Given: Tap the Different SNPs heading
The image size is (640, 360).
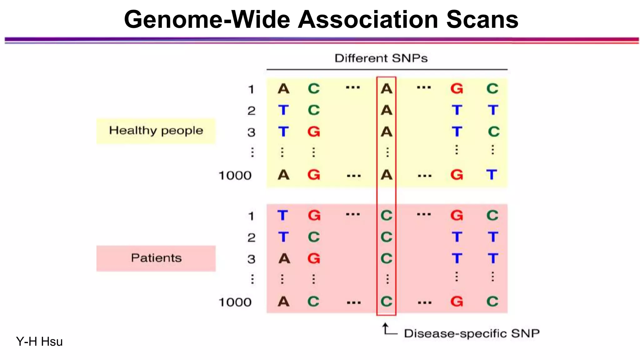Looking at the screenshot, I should [x=381, y=58].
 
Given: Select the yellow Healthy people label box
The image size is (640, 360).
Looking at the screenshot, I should [x=156, y=131].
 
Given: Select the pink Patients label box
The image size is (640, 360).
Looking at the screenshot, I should [x=156, y=258].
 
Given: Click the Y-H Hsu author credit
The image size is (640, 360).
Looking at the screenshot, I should [x=39, y=342].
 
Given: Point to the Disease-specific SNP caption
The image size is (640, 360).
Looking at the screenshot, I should [x=472, y=333].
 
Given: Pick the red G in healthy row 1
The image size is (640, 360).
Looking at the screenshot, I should [x=457, y=89].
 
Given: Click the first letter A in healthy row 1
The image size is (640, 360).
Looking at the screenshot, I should [x=283, y=89].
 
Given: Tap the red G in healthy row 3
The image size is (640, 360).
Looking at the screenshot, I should [x=314, y=132].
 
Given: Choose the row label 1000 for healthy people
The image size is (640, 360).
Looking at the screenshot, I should [x=235, y=176].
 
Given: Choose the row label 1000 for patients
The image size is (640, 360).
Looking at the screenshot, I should [x=235, y=302].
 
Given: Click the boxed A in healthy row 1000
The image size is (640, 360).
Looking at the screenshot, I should [x=387, y=175].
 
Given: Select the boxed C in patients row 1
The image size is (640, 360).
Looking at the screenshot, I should [x=387, y=215].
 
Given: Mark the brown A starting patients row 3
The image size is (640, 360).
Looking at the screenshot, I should [x=284, y=258].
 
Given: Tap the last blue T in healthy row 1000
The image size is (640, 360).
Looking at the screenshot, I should [x=492, y=174].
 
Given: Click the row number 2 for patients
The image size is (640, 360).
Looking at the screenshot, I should [x=251, y=238].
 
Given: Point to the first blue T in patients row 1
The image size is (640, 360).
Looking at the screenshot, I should [x=282, y=215].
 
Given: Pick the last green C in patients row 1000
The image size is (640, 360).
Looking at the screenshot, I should [x=492, y=302].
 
